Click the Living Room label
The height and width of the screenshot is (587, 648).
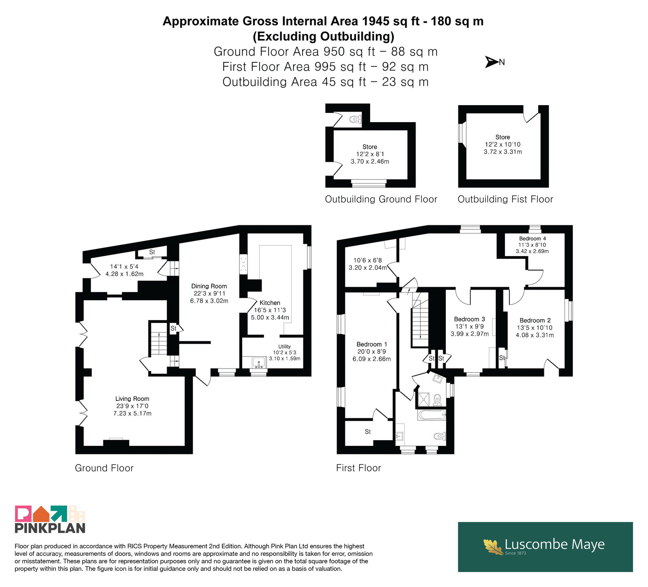point(132,399)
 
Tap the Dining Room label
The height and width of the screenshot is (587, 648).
point(209,286)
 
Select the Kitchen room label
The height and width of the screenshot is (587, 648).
point(270,303)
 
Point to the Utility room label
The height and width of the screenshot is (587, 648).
point(284,346)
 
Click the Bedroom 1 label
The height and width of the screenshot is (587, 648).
point(372,344)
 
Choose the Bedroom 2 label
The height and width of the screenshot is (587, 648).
point(535,320)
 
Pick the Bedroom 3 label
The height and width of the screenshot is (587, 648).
point(469,319)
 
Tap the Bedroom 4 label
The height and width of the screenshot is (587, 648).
point(532,239)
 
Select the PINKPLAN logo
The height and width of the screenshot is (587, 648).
point(50,519)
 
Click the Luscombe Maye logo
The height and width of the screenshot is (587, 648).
point(545,547)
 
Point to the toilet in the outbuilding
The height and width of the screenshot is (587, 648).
point(355,119)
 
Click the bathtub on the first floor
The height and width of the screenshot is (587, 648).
point(431,415)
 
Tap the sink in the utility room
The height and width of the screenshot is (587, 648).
point(258,362)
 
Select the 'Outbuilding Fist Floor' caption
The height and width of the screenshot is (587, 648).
point(505,199)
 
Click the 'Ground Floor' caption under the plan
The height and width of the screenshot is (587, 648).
point(104,468)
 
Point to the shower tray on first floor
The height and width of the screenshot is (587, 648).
point(424,399)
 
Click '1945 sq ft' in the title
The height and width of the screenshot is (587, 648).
point(391,21)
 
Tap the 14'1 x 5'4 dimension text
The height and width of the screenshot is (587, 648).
point(124,267)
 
